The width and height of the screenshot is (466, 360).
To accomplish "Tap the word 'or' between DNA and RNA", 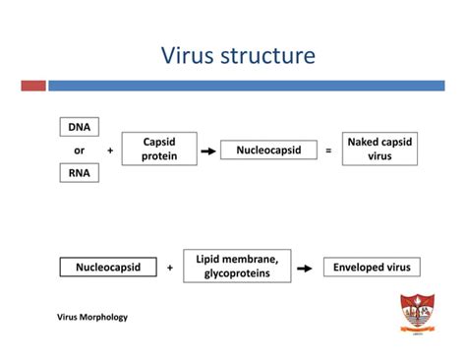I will (80, 150).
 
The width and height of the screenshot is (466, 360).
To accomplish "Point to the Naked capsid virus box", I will (380, 150).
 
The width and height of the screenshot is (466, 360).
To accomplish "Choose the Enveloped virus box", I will (373, 267).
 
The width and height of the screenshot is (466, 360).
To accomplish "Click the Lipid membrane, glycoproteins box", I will (237, 266).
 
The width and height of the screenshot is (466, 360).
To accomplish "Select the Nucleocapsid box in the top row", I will (268, 150).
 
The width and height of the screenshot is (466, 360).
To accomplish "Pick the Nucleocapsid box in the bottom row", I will (108, 267).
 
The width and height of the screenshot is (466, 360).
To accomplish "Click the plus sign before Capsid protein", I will (110, 151).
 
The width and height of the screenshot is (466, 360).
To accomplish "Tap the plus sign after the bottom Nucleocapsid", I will (170, 268).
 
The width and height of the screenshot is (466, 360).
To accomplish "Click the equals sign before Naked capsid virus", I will (328, 151).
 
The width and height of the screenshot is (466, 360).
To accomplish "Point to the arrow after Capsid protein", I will (207, 151).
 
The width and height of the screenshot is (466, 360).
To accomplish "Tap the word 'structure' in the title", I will (271, 55).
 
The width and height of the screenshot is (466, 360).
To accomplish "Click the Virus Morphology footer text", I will (92, 318).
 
